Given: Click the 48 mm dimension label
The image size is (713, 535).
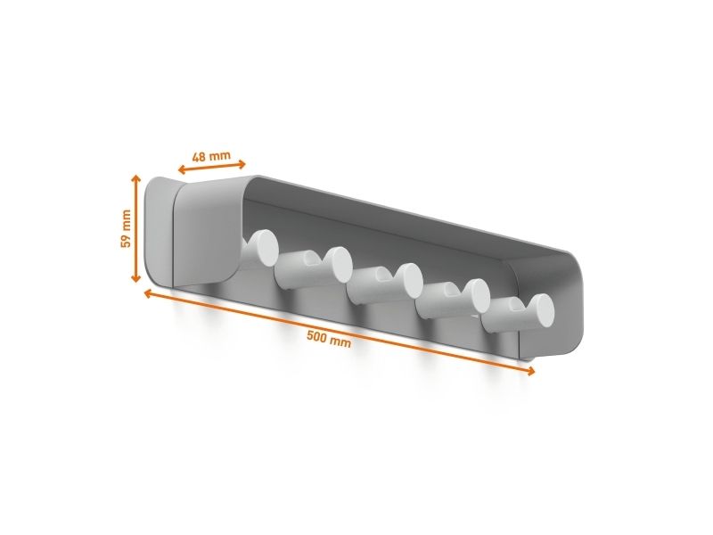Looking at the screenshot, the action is pyautogui.click(x=211, y=157).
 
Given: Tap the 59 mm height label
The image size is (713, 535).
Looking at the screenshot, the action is pyautogui.click(x=126, y=228).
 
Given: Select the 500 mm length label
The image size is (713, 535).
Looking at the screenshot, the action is pyautogui.click(x=329, y=340).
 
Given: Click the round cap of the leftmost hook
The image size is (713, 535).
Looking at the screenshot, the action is pyautogui.click(x=264, y=248).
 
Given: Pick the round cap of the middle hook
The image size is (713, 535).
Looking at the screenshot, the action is pyautogui.click(x=408, y=281).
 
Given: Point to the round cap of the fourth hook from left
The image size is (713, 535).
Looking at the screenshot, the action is pyautogui.click(x=476, y=297).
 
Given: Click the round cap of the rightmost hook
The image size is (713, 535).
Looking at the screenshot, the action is pyautogui.click(x=540, y=311).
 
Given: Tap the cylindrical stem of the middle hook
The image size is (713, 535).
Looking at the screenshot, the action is pyautogui.click(x=373, y=286).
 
